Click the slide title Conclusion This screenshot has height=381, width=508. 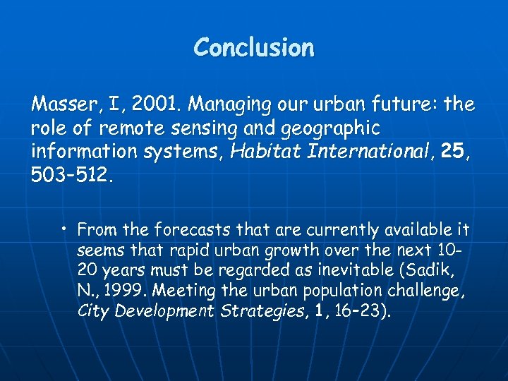(254, 48)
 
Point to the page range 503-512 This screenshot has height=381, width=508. (71, 174)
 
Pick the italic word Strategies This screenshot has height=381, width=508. (266, 311)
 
